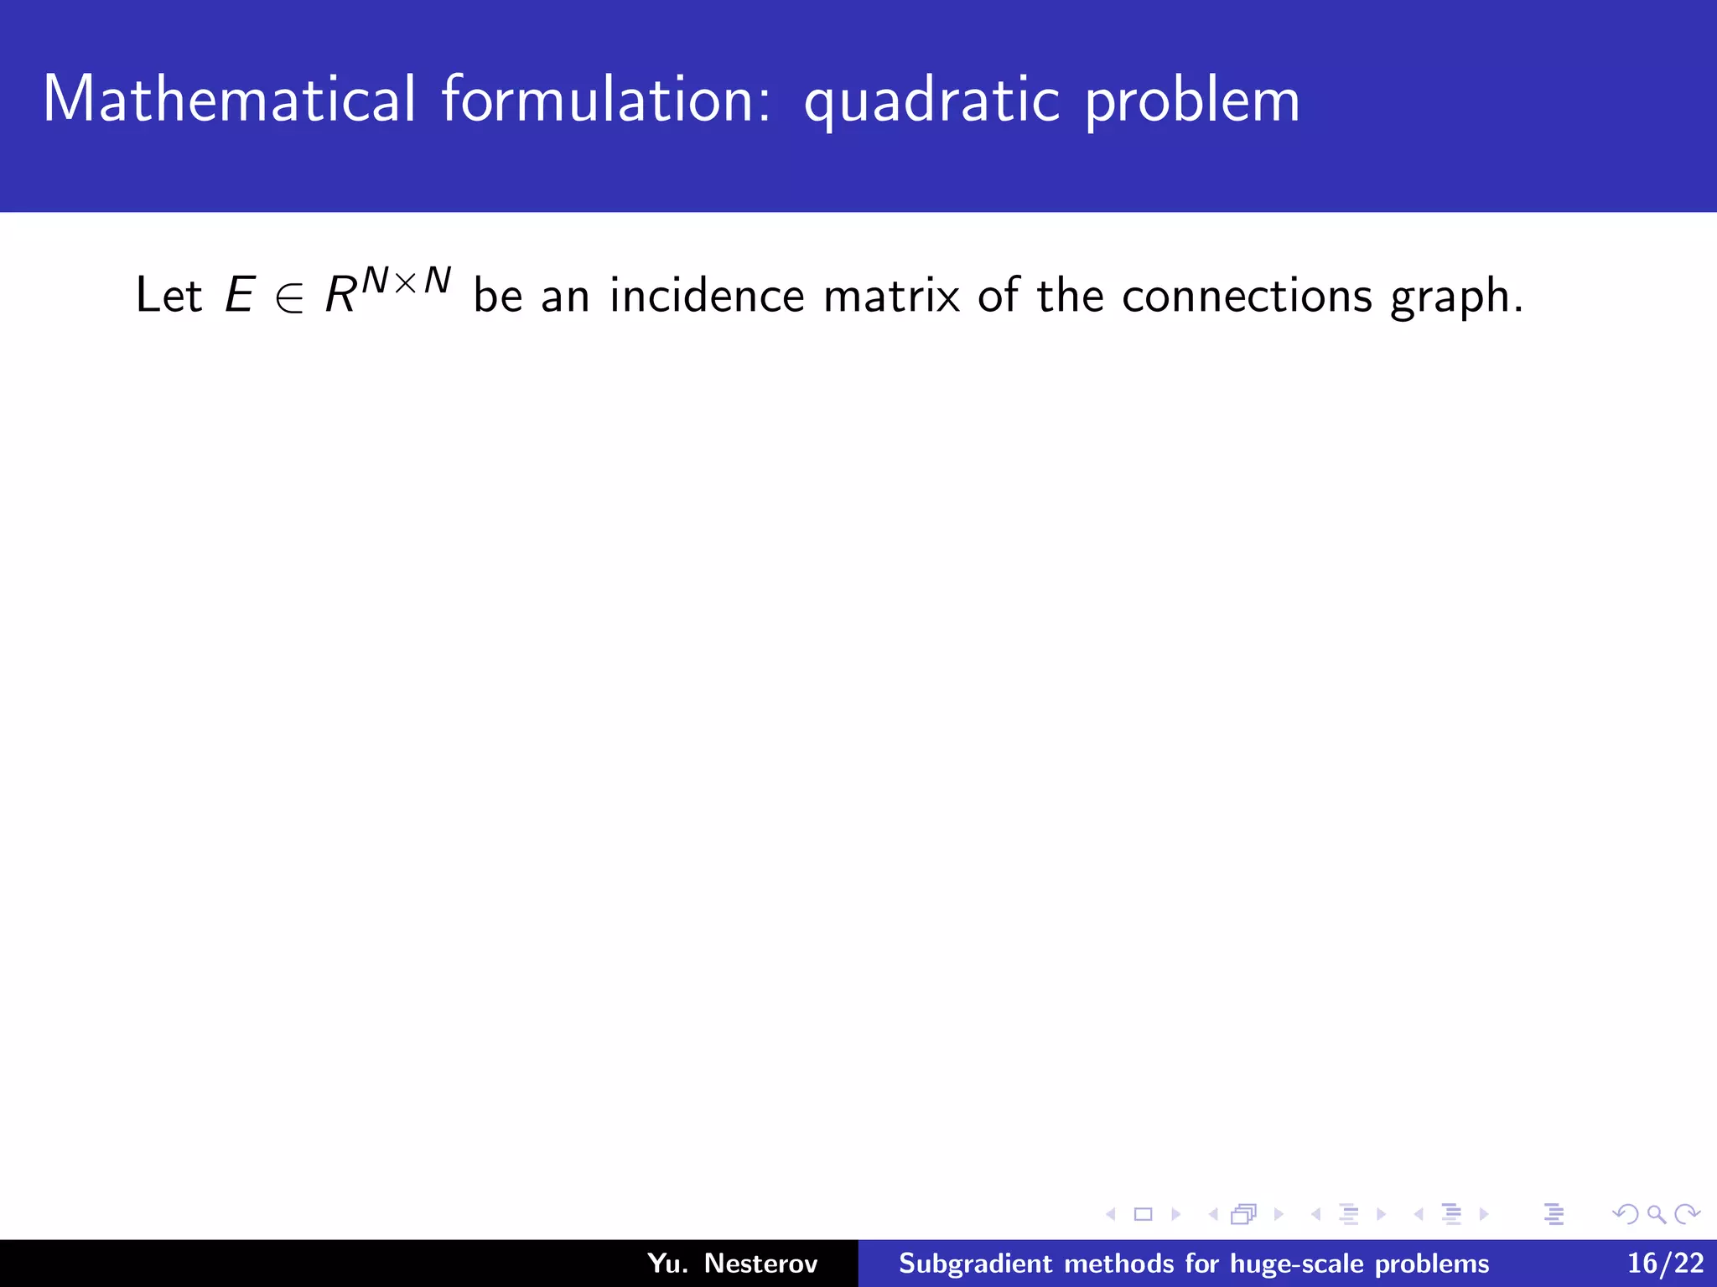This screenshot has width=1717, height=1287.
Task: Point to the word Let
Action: [x=169, y=295]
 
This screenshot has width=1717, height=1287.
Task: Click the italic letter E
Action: [x=240, y=295]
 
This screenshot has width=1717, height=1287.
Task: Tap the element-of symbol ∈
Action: [x=289, y=297]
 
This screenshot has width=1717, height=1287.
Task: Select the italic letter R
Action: [x=340, y=295]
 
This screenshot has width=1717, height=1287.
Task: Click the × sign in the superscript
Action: [x=406, y=283]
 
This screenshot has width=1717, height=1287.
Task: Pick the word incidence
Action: [x=707, y=295]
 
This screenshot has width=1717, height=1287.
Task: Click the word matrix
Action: [x=891, y=295]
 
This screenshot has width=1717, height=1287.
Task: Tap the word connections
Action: [x=1247, y=295]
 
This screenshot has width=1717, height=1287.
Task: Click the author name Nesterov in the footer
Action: [x=760, y=1263]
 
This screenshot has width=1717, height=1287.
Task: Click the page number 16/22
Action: [x=1665, y=1263]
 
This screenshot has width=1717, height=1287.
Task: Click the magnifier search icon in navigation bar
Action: [x=1656, y=1214]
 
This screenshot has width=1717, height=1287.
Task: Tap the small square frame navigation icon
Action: [x=1144, y=1214]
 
